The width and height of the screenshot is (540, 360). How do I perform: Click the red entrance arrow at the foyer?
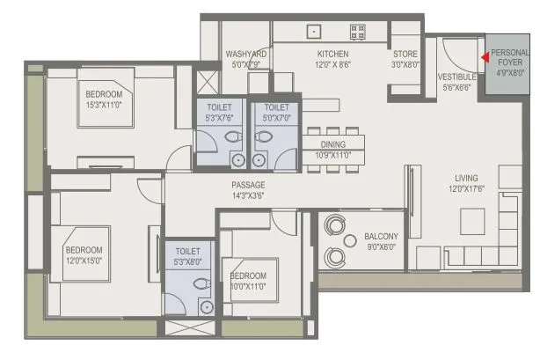pyautogui.click(x=484, y=60)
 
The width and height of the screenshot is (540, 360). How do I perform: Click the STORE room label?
pyautogui.click(x=405, y=54)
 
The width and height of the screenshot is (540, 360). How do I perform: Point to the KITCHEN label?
pyautogui.click(x=332, y=54)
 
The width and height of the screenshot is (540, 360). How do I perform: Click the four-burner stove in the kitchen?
pyautogui.click(x=358, y=32)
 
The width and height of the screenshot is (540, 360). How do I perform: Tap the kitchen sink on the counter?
pyautogui.click(x=313, y=31)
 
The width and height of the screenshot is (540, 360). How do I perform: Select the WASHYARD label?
pyautogui.click(x=246, y=54)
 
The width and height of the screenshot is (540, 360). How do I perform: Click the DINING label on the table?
pyautogui.click(x=332, y=144)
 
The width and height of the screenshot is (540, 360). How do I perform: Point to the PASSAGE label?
pyautogui.click(x=248, y=185)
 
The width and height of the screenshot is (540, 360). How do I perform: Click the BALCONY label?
pyautogui.click(x=381, y=236)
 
